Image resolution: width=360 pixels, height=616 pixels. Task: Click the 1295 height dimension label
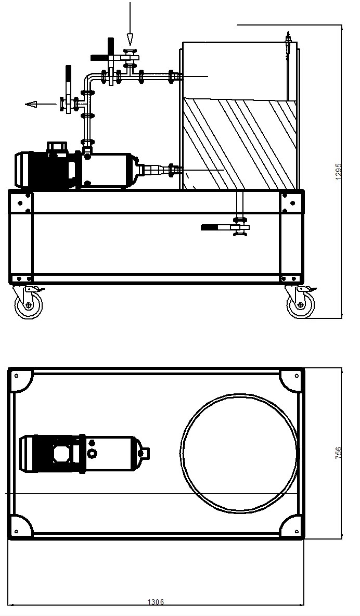coord(339,172)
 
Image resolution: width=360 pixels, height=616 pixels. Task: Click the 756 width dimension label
coord(339,453)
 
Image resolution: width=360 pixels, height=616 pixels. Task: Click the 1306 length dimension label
coord(156,602)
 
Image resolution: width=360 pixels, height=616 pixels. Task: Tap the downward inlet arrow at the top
coord(130,23)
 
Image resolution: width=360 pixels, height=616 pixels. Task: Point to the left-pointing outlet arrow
coord(41,104)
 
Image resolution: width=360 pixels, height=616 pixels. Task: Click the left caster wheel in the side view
coord(28,304)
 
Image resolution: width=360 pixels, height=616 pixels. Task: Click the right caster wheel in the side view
coord(301,304)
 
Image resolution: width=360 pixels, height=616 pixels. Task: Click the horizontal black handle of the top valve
coord(100,57)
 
